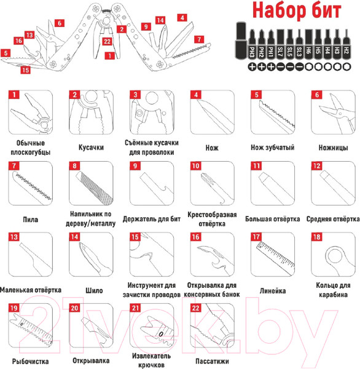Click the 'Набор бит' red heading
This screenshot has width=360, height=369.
pos(297,10)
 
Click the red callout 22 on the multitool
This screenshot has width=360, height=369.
pos(108,41)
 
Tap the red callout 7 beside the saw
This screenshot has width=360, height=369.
pos(199,39)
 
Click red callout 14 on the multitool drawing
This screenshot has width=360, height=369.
pos(160,20)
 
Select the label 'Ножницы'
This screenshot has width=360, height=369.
pos(333,148)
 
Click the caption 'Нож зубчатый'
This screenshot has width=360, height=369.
pos(273,148)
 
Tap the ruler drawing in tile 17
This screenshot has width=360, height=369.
pos(275,258)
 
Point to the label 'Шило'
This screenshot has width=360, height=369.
pos(94,290)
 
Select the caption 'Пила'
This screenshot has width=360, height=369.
pos(30,220)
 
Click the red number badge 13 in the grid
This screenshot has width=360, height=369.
pos(14,237)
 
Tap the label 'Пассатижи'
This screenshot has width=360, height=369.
pos(212,361)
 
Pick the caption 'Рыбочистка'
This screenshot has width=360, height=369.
pos(30,361)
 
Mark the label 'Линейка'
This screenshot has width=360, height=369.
pos(273,291)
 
